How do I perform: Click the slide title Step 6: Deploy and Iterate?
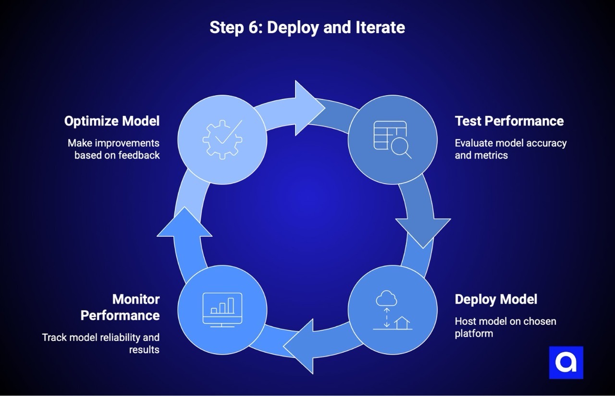[x=307, y=27]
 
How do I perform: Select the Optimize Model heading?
[x=112, y=121]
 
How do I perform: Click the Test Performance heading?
[x=509, y=121]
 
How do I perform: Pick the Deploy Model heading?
[x=496, y=299]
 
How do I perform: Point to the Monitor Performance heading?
[x=120, y=307]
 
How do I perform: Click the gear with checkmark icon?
[x=222, y=140]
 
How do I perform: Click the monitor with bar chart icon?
[x=222, y=310]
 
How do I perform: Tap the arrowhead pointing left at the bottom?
[x=301, y=346]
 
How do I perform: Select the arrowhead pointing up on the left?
[x=184, y=224]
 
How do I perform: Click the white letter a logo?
[x=566, y=362]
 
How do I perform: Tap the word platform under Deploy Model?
[x=474, y=333]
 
